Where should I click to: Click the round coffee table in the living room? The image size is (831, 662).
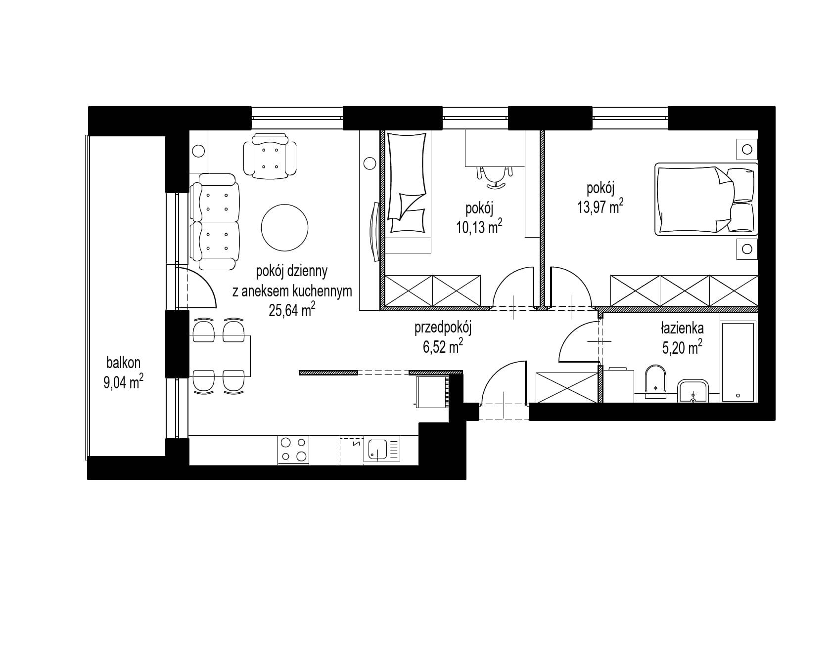[284, 227]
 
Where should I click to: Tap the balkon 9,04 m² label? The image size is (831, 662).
[123, 373]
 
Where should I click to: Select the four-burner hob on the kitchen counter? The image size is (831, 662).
[293, 450]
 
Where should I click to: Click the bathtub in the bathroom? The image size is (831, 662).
[738, 362]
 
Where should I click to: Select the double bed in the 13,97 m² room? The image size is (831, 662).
[706, 199]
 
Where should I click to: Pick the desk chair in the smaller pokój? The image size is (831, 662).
[493, 176]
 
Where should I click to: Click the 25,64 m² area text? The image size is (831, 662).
[292, 310]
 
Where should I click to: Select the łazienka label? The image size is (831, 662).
[682, 328]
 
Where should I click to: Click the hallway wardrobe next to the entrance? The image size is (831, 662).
[567, 388]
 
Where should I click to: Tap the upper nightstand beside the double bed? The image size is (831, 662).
[747, 149]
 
